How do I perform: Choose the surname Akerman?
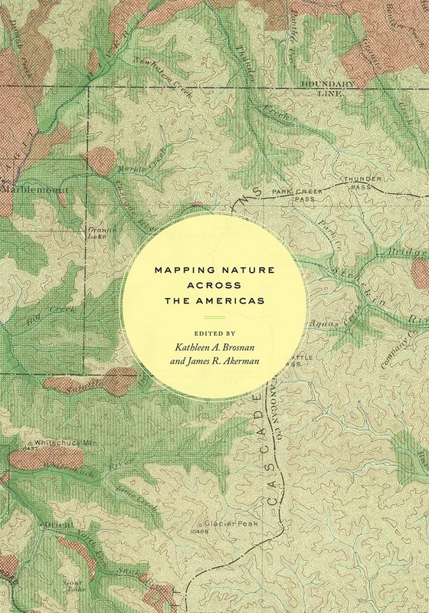[x=244, y=365]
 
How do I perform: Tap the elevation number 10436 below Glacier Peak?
[x=201, y=528]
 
